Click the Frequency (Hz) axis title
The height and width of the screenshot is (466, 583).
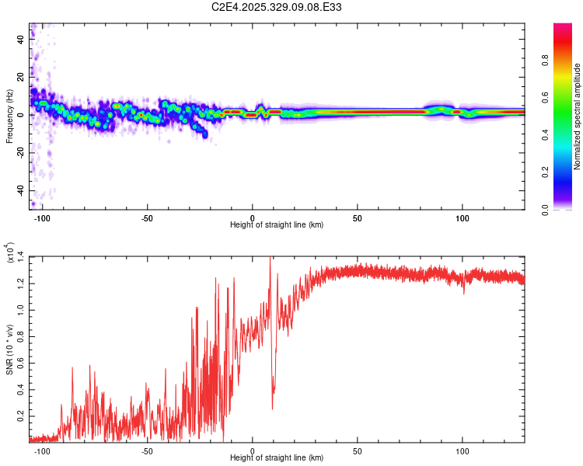coord(9,116)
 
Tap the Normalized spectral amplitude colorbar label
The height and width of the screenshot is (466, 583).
coord(577,116)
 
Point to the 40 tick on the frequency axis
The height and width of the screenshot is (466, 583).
coord(21,40)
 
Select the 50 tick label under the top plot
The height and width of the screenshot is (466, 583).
coord(357,217)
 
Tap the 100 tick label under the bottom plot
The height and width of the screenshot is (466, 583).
coord(463,450)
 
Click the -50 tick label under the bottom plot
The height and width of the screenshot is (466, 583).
coord(147,450)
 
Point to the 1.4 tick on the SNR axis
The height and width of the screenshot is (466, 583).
coord(21,256)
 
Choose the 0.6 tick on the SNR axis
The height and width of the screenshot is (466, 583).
coord(21,362)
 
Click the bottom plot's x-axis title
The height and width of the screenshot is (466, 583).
coord(277,458)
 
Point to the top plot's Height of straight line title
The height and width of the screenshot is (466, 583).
coord(277,225)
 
